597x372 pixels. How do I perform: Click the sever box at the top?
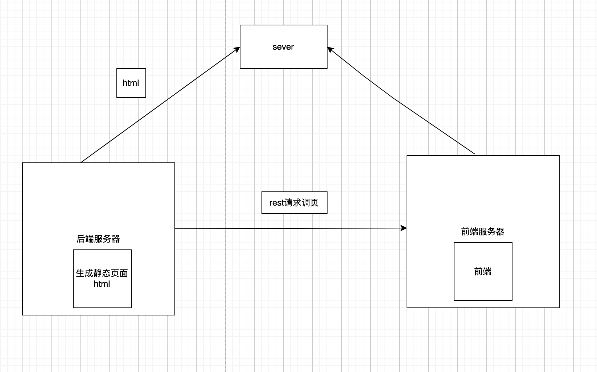(283, 58)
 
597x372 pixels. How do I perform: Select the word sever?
(283, 47)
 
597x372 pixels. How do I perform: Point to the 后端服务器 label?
(98, 239)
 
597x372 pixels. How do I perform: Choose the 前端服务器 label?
(483, 232)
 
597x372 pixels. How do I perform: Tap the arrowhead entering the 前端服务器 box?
(404, 228)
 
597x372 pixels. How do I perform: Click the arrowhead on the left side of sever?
(237, 49)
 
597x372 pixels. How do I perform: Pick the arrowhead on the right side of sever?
(330, 49)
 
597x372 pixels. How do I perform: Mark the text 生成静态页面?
(102, 273)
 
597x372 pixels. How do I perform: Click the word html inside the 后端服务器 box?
(102, 284)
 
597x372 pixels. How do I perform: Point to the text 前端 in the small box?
(483, 272)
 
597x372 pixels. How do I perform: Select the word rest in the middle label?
(277, 203)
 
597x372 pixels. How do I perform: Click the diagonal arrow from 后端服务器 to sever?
(160, 105)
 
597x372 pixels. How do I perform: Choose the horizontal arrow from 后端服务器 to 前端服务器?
(290, 228)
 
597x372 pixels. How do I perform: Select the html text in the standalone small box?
(131, 83)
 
